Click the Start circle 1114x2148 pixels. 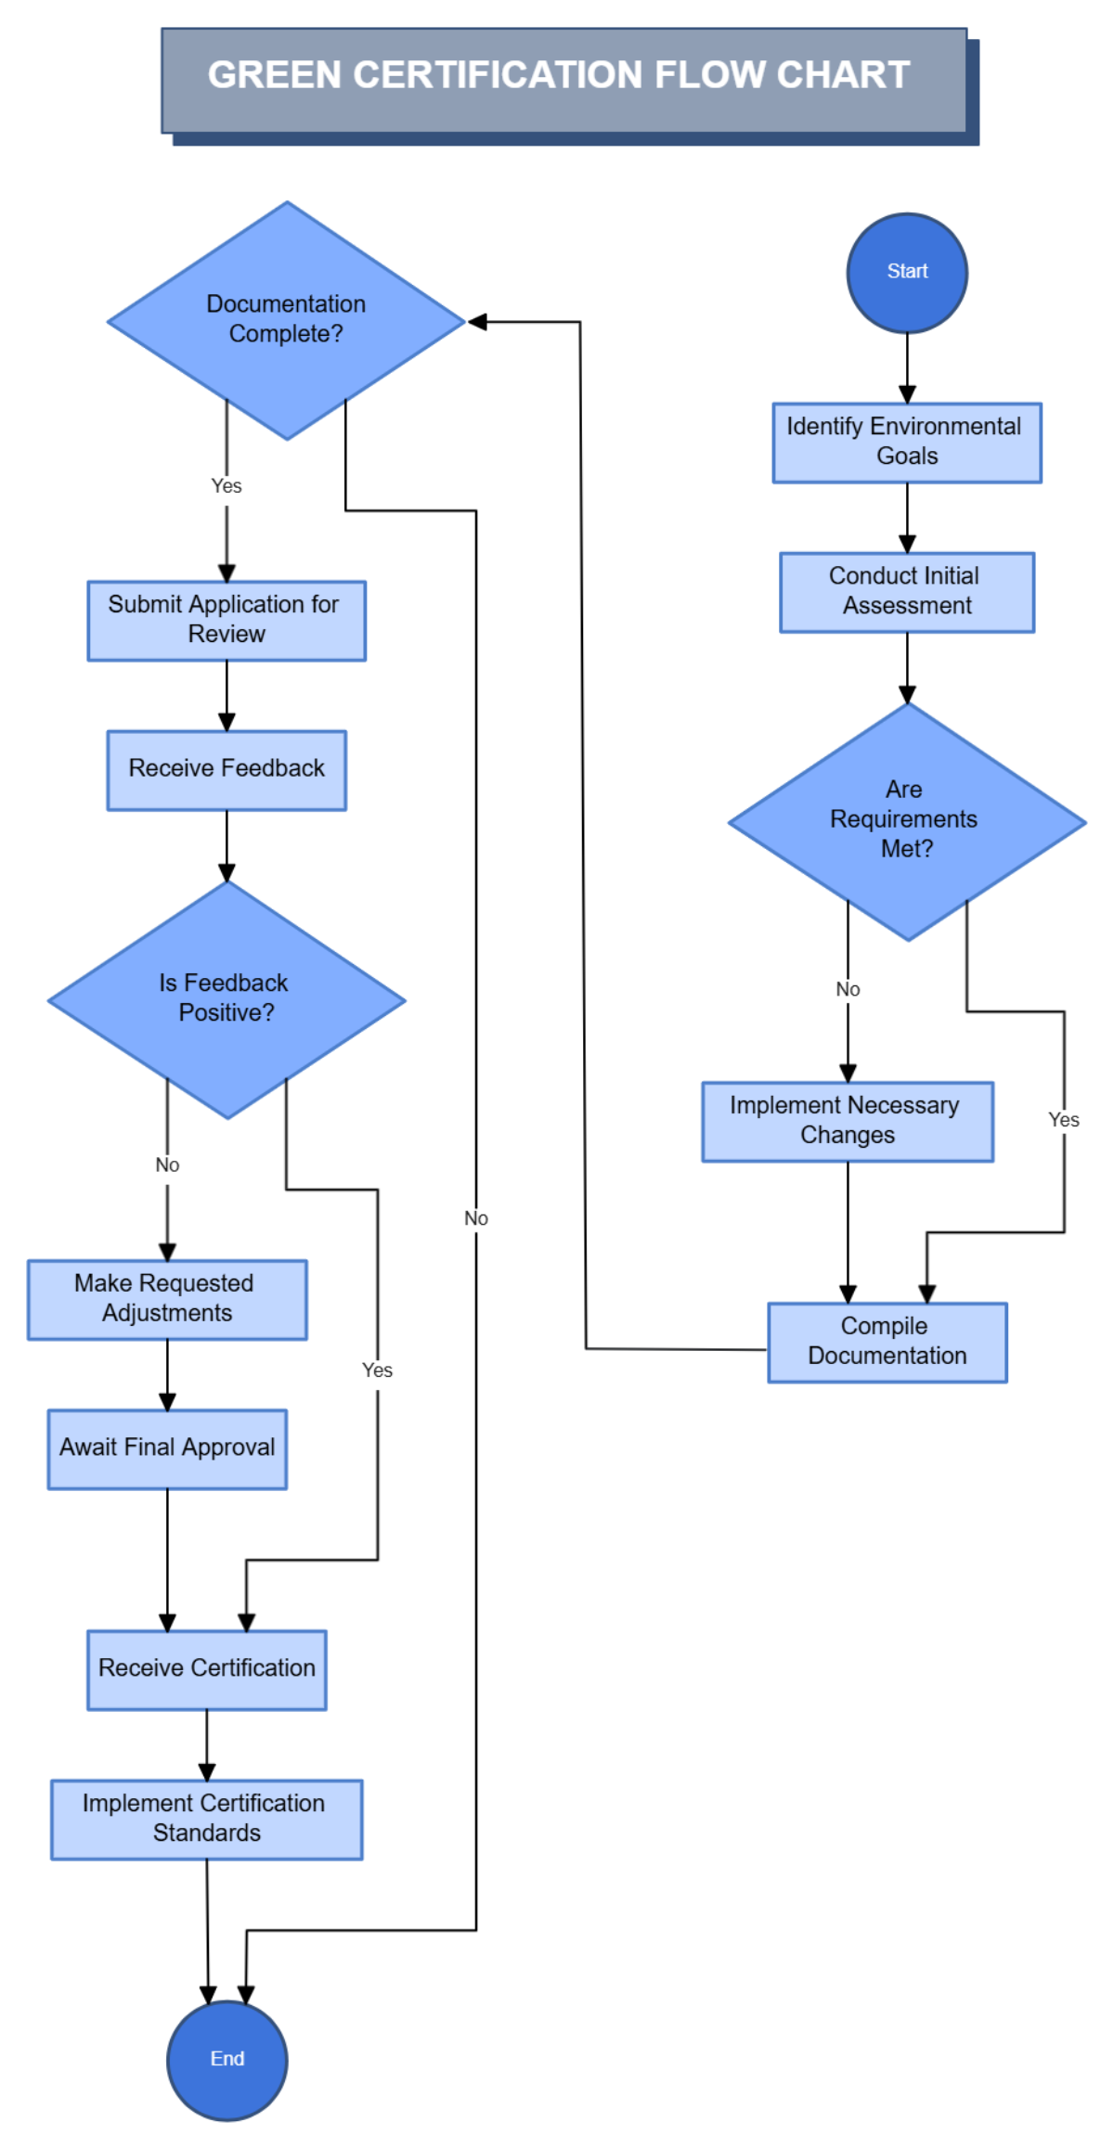point(906,272)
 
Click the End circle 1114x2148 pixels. point(227,2058)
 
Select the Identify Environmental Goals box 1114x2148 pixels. point(906,442)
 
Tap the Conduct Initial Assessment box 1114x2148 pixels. point(906,591)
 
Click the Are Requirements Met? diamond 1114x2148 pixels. point(906,820)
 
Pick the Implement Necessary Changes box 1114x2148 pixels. point(847,1120)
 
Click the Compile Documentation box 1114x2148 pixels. point(887,1341)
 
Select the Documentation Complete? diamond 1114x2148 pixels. point(286,319)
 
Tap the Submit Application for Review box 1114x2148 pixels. point(226,620)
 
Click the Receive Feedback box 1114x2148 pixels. point(226,769)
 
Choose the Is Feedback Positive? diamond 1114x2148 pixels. point(226,998)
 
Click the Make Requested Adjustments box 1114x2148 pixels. point(167,1298)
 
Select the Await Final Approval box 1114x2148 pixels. point(167,1448)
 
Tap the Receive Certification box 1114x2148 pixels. point(206,1668)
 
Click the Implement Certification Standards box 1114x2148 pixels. point(206,1818)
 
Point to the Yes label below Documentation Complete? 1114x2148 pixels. point(226,485)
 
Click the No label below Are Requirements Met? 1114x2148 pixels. point(847,989)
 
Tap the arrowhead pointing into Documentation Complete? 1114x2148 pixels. point(477,322)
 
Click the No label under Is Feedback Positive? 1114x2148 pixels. point(167,1164)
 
